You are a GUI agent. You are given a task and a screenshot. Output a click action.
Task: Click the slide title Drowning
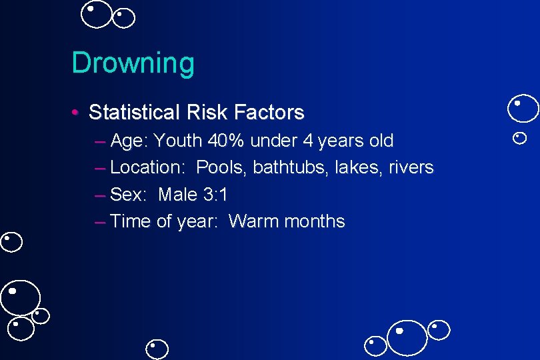pos(133,63)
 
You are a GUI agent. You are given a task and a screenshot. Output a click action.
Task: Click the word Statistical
pos(131,112)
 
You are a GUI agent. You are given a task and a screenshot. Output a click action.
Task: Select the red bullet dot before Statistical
pos(77,112)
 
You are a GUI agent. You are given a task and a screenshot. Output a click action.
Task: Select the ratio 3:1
pos(215,195)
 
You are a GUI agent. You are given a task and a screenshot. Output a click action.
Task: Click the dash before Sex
pos(100,195)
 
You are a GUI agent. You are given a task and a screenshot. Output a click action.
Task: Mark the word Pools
pos(221,167)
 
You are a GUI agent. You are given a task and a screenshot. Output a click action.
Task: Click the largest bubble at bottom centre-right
pos(407,337)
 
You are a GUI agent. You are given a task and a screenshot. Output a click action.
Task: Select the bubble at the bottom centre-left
pos(157,349)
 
